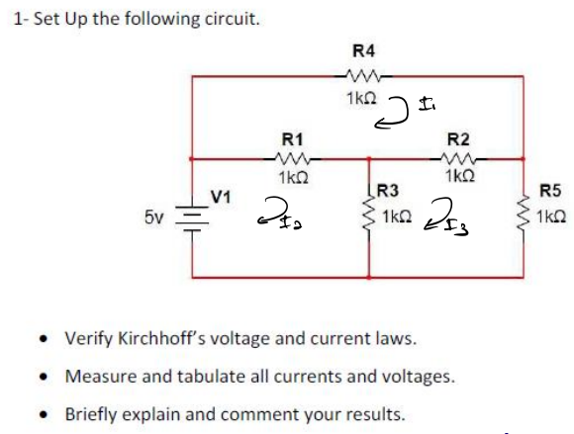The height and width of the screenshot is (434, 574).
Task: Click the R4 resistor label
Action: (363, 50)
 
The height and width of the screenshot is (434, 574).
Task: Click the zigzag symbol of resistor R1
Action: (293, 158)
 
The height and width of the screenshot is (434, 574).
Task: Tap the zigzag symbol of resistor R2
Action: (458, 158)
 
